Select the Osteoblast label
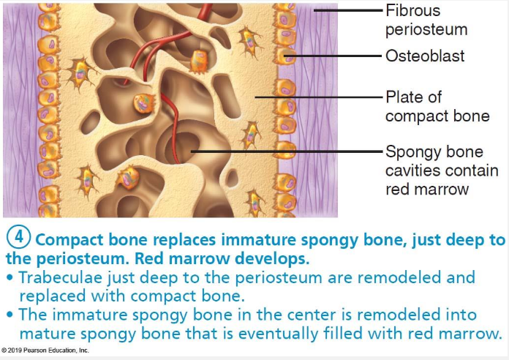[425, 56]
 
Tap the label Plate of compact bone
[437, 107]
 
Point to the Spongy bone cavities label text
[442, 170]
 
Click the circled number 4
[19, 239]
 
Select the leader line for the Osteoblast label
[336, 56]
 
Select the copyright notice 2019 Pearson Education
[45, 351]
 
